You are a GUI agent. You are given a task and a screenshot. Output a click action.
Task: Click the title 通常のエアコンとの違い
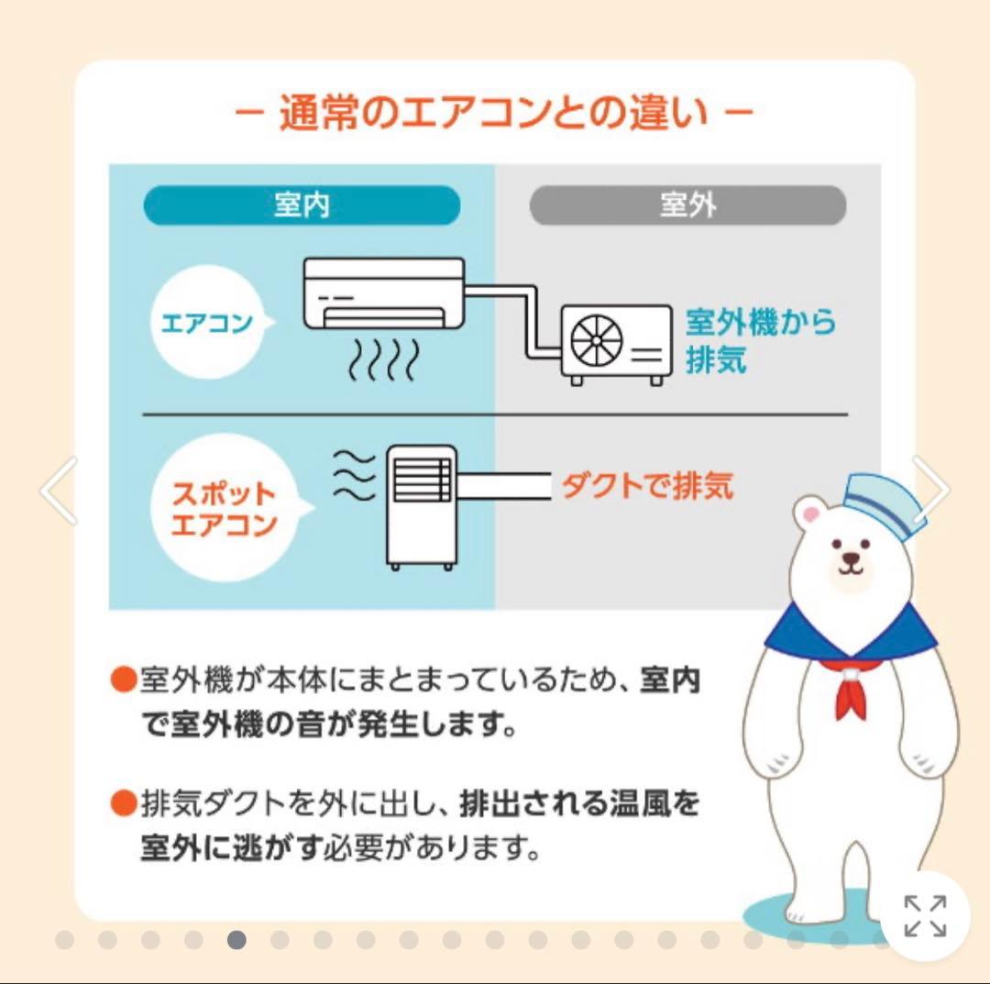[494, 116]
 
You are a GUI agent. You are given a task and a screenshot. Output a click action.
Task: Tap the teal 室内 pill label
[302, 205]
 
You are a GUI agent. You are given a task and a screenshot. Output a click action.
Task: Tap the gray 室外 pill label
[687, 205]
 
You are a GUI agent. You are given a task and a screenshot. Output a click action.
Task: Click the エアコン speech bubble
[209, 323]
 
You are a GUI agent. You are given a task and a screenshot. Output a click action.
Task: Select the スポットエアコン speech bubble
[225, 510]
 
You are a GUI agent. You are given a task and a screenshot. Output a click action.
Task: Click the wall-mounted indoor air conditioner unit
[384, 293]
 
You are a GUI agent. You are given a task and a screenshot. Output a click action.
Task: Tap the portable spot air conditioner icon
[421, 506]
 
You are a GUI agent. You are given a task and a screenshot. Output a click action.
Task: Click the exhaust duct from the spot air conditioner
[502, 485]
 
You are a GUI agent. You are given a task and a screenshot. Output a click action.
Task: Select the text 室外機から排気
[760, 341]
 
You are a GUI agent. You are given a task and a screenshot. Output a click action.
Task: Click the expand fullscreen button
[925, 915]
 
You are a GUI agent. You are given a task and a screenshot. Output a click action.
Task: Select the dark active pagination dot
[236, 940]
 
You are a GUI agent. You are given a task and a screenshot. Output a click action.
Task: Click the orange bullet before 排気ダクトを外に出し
[123, 805]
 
